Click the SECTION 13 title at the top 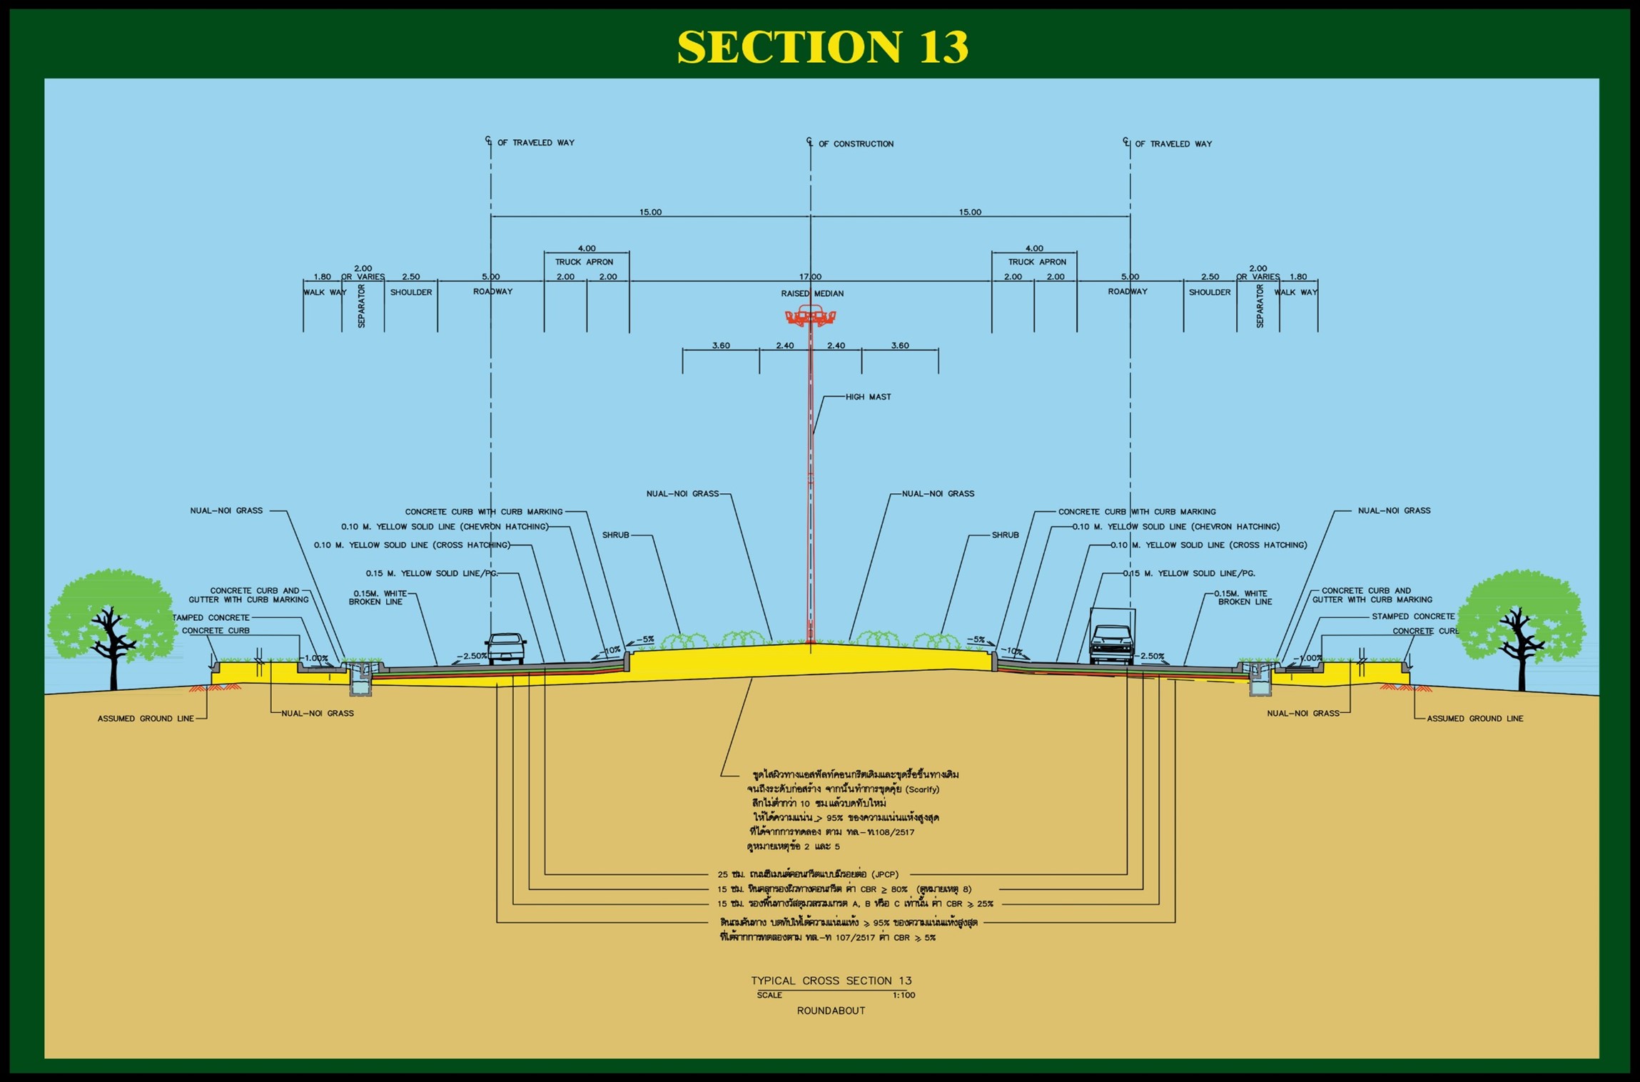(x=822, y=46)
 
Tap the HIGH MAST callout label (x=868, y=397)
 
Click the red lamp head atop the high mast (x=810, y=315)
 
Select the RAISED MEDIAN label (x=812, y=293)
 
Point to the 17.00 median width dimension (x=810, y=277)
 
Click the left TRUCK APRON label (x=584, y=262)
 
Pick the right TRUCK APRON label (x=1037, y=262)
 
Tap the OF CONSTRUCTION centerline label (x=856, y=144)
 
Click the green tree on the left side (x=112, y=621)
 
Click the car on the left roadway (x=506, y=647)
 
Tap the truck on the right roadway (x=1112, y=637)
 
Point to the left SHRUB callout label (x=615, y=535)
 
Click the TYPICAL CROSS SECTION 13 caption (x=831, y=981)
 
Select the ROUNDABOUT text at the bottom (x=831, y=1011)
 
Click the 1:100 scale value (x=903, y=995)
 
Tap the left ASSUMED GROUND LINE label (x=146, y=719)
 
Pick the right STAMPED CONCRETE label (x=1412, y=616)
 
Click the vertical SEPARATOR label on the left (x=361, y=306)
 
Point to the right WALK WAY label (x=1296, y=292)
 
